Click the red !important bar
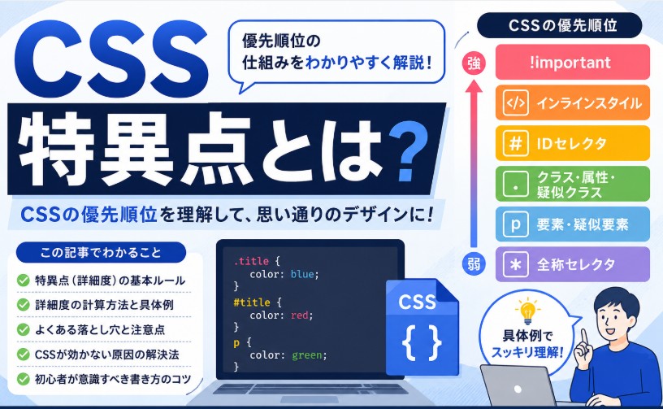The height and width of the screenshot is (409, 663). [x=573, y=62]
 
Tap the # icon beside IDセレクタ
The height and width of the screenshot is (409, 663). [x=515, y=143]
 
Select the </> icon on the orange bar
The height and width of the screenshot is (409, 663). [x=515, y=102]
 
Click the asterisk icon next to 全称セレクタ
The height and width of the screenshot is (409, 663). [x=515, y=264]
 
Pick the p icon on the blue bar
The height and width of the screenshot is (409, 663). [x=515, y=224]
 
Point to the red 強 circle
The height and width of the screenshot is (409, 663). [x=474, y=63]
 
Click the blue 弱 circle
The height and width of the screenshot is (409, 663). [x=474, y=264]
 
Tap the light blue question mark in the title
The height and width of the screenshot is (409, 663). [x=406, y=151]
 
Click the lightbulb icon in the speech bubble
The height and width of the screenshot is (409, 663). [x=527, y=311]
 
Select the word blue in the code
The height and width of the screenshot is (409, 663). [x=302, y=274]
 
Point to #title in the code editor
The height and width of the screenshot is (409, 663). [x=252, y=302]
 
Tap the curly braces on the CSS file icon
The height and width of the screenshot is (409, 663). [x=422, y=342]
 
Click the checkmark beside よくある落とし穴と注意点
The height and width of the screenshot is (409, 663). [x=23, y=329]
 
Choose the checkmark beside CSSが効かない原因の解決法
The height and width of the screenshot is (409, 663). [x=23, y=354]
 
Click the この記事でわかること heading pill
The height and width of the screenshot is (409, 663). [x=101, y=253]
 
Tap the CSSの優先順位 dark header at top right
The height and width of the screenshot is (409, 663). [x=559, y=25]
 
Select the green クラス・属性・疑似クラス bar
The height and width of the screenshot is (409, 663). [x=573, y=184]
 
